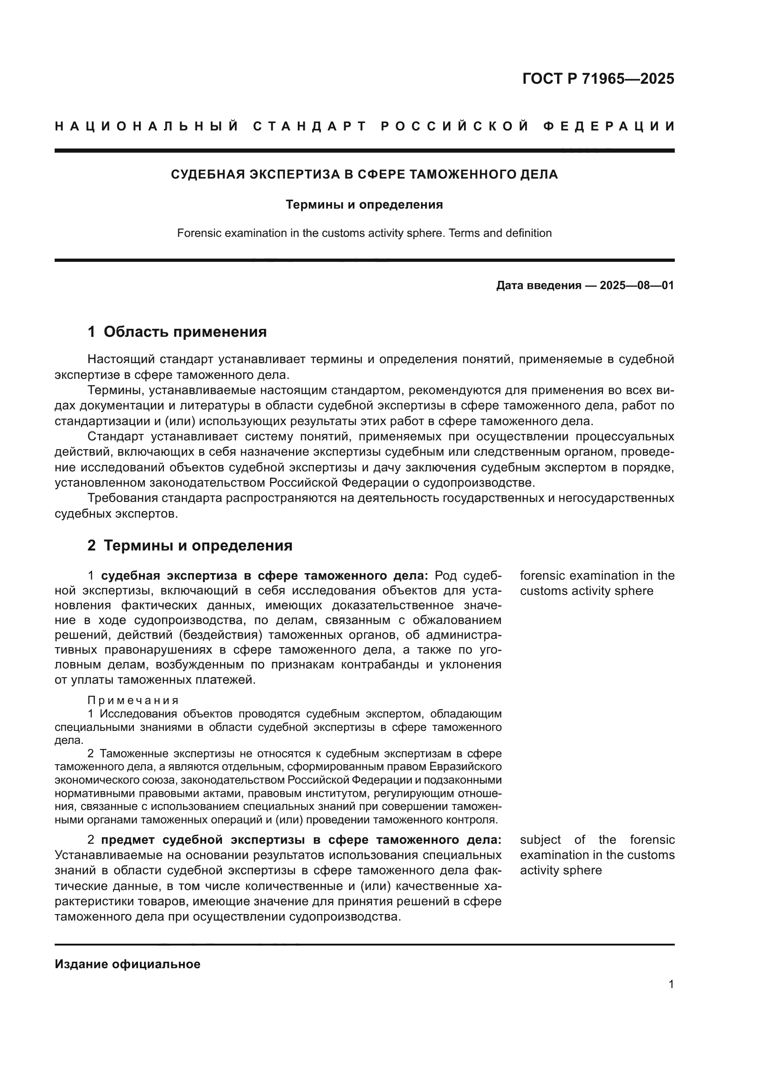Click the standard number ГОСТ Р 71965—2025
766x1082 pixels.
pyautogui.click(x=597, y=79)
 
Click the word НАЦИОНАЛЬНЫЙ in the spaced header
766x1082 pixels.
pyautogui.click(x=147, y=126)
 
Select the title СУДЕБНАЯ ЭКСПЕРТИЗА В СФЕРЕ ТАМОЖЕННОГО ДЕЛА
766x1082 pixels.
pyautogui.click(x=364, y=174)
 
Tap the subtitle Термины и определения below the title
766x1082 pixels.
pyautogui.click(x=364, y=204)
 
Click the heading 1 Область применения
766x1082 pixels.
pyautogui.click(x=177, y=332)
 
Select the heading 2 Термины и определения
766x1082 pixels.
pyautogui.click(x=190, y=545)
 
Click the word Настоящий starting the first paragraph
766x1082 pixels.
pyautogui.click(x=120, y=359)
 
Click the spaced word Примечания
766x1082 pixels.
pyautogui.click(x=133, y=700)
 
